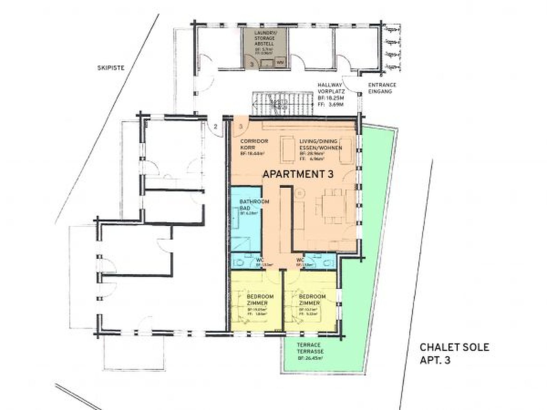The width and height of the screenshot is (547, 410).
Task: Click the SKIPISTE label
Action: (x=111, y=68)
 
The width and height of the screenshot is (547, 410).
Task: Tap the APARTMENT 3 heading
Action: (x=298, y=174)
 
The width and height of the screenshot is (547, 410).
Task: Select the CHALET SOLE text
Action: (x=454, y=347)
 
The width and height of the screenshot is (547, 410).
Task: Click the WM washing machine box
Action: (x=280, y=62)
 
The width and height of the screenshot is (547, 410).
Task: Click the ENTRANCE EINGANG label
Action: (x=382, y=88)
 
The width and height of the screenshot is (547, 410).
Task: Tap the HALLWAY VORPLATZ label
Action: (x=330, y=88)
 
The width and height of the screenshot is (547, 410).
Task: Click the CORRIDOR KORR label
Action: (x=254, y=144)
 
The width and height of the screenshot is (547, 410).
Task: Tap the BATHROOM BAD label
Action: (x=254, y=205)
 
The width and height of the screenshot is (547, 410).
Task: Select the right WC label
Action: (x=300, y=260)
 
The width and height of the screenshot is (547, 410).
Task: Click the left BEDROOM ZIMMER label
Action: (x=260, y=300)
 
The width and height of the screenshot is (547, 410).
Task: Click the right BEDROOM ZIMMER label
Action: (x=312, y=300)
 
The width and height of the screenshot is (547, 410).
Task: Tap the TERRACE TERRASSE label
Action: (x=310, y=348)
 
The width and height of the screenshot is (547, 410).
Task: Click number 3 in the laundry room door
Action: (x=252, y=64)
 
